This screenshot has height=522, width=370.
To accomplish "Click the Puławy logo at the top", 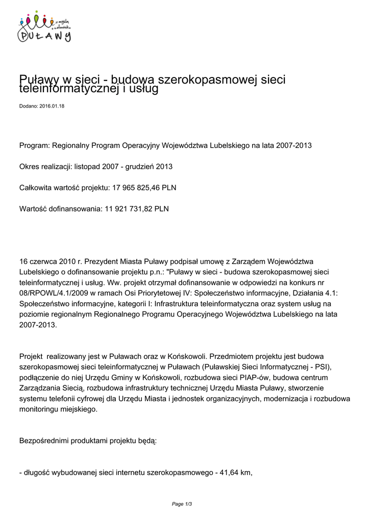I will pos(44,27).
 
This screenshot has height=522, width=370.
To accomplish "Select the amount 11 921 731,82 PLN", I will pos(136,208).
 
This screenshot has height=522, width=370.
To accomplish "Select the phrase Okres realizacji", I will pos(45,167).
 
